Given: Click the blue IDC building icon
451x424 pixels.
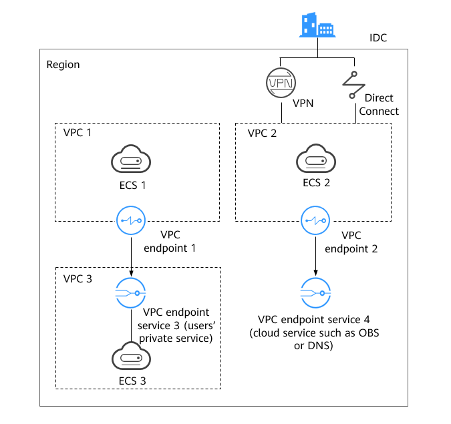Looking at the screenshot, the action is [317, 25].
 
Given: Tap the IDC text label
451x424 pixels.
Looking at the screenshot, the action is [378, 37].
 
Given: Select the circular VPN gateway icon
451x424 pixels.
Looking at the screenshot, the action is [281, 83].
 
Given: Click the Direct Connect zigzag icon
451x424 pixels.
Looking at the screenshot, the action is [353, 85].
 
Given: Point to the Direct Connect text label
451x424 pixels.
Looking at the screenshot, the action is [379, 104].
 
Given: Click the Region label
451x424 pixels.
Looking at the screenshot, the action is [63, 65].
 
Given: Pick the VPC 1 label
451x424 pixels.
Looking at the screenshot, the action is [77, 132].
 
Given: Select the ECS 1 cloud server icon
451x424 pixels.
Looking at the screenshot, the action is [131, 159].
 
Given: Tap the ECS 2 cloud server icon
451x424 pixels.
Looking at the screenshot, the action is [316, 158].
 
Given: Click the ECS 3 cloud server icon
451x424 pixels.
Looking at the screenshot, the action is [131, 356].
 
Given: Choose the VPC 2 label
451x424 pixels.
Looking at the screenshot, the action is [262, 133].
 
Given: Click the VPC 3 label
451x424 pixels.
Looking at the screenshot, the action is [78, 279].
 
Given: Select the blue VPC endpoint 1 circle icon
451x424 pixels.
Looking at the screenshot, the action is [131, 220].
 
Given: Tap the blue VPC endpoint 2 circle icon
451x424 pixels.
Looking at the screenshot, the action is [315, 220].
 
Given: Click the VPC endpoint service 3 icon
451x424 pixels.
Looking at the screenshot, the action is [130, 293].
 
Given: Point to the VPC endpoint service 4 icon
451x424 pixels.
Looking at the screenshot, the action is [315, 293].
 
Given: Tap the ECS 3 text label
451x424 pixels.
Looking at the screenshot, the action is [132, 381].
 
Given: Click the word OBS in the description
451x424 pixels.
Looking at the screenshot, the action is [369, 333].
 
